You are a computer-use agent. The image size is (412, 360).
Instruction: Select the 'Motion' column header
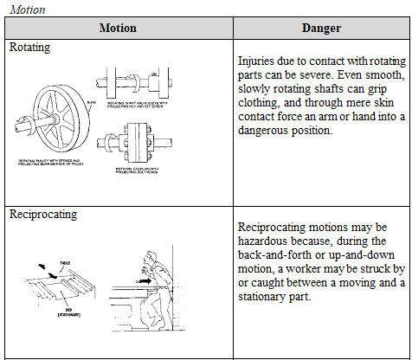pos(118,28)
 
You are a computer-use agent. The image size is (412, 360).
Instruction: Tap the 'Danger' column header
pos(321,28)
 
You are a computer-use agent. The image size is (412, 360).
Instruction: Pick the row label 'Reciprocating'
pos(42,213)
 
